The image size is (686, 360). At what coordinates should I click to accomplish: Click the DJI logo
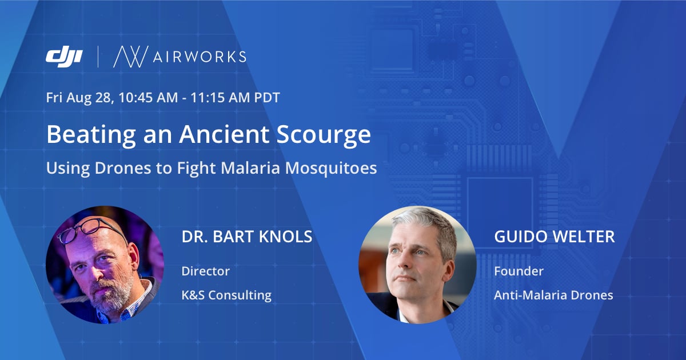pyautogui.click(x=64, y=57)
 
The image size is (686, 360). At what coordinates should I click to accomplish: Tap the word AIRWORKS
pyautogui.click(x=200, y=57)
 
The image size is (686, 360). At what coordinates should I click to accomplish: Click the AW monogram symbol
pyautogui.click(x=131, y=57)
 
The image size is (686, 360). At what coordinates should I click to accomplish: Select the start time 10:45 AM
pyautogui.click(x=148, y=98)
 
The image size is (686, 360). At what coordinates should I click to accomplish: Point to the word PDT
pyautogui.click(x=267, y=98)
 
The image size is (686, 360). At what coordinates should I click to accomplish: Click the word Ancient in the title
pyautogui.click(x=224, y=134)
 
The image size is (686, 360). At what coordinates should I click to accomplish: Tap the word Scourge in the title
pyautogui.click(x=324, y=135)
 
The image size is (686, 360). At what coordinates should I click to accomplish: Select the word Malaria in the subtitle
pyautogui.click(x=250, y=168)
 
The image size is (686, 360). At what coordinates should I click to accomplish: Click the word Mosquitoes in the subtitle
pyautogui.click(x=331, y=169)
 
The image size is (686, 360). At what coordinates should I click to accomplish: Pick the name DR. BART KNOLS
pyautogui.click(x=247, y=237)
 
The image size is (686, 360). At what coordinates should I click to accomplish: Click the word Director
pyautogui.click(x=205, y=271)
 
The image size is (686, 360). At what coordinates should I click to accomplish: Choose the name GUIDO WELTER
pyautogui.click(x=555, y=237)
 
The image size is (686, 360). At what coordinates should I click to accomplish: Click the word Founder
pyautogui.click(x=519, y=271)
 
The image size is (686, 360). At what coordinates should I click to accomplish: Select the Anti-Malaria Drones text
pyautogui.click(x=553, y=295)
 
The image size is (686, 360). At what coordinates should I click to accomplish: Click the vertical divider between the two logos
pyautogui.click(x=98, y=57)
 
